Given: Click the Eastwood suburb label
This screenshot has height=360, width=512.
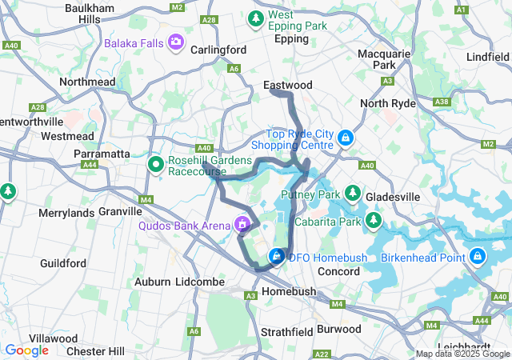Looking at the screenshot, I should (x=288, y=84).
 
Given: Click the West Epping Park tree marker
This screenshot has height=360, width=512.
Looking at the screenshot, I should (x=256, y=17).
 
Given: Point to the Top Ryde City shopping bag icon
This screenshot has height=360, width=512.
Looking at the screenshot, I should (x=345, y=138).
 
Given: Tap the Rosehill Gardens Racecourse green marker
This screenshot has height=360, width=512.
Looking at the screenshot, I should (x=157, y=164).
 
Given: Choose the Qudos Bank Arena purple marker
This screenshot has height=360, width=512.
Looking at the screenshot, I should (x=242, y=226).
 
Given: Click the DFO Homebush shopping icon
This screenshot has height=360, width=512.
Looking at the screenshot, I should (x=276, y=256).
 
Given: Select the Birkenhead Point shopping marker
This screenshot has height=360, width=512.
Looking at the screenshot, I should (x=478, y=257).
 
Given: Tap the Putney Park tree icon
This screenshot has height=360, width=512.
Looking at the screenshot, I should (x=353, y=194).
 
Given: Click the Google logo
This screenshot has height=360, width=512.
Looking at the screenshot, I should (x=26, y=350).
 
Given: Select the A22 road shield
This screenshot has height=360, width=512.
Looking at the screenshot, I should (x=322, y=354).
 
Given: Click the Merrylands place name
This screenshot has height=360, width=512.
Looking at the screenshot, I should (x=66, y=213).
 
